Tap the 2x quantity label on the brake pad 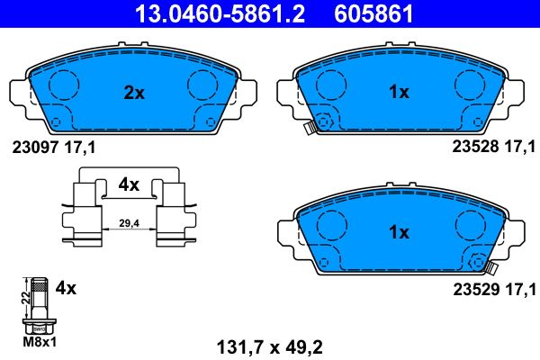[x=134, y=91]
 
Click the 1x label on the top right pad [x=398, y=91]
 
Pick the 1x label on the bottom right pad [x=398, y=231]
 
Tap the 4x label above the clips [x=129, y=184]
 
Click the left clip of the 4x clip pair [x=87, y=211]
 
